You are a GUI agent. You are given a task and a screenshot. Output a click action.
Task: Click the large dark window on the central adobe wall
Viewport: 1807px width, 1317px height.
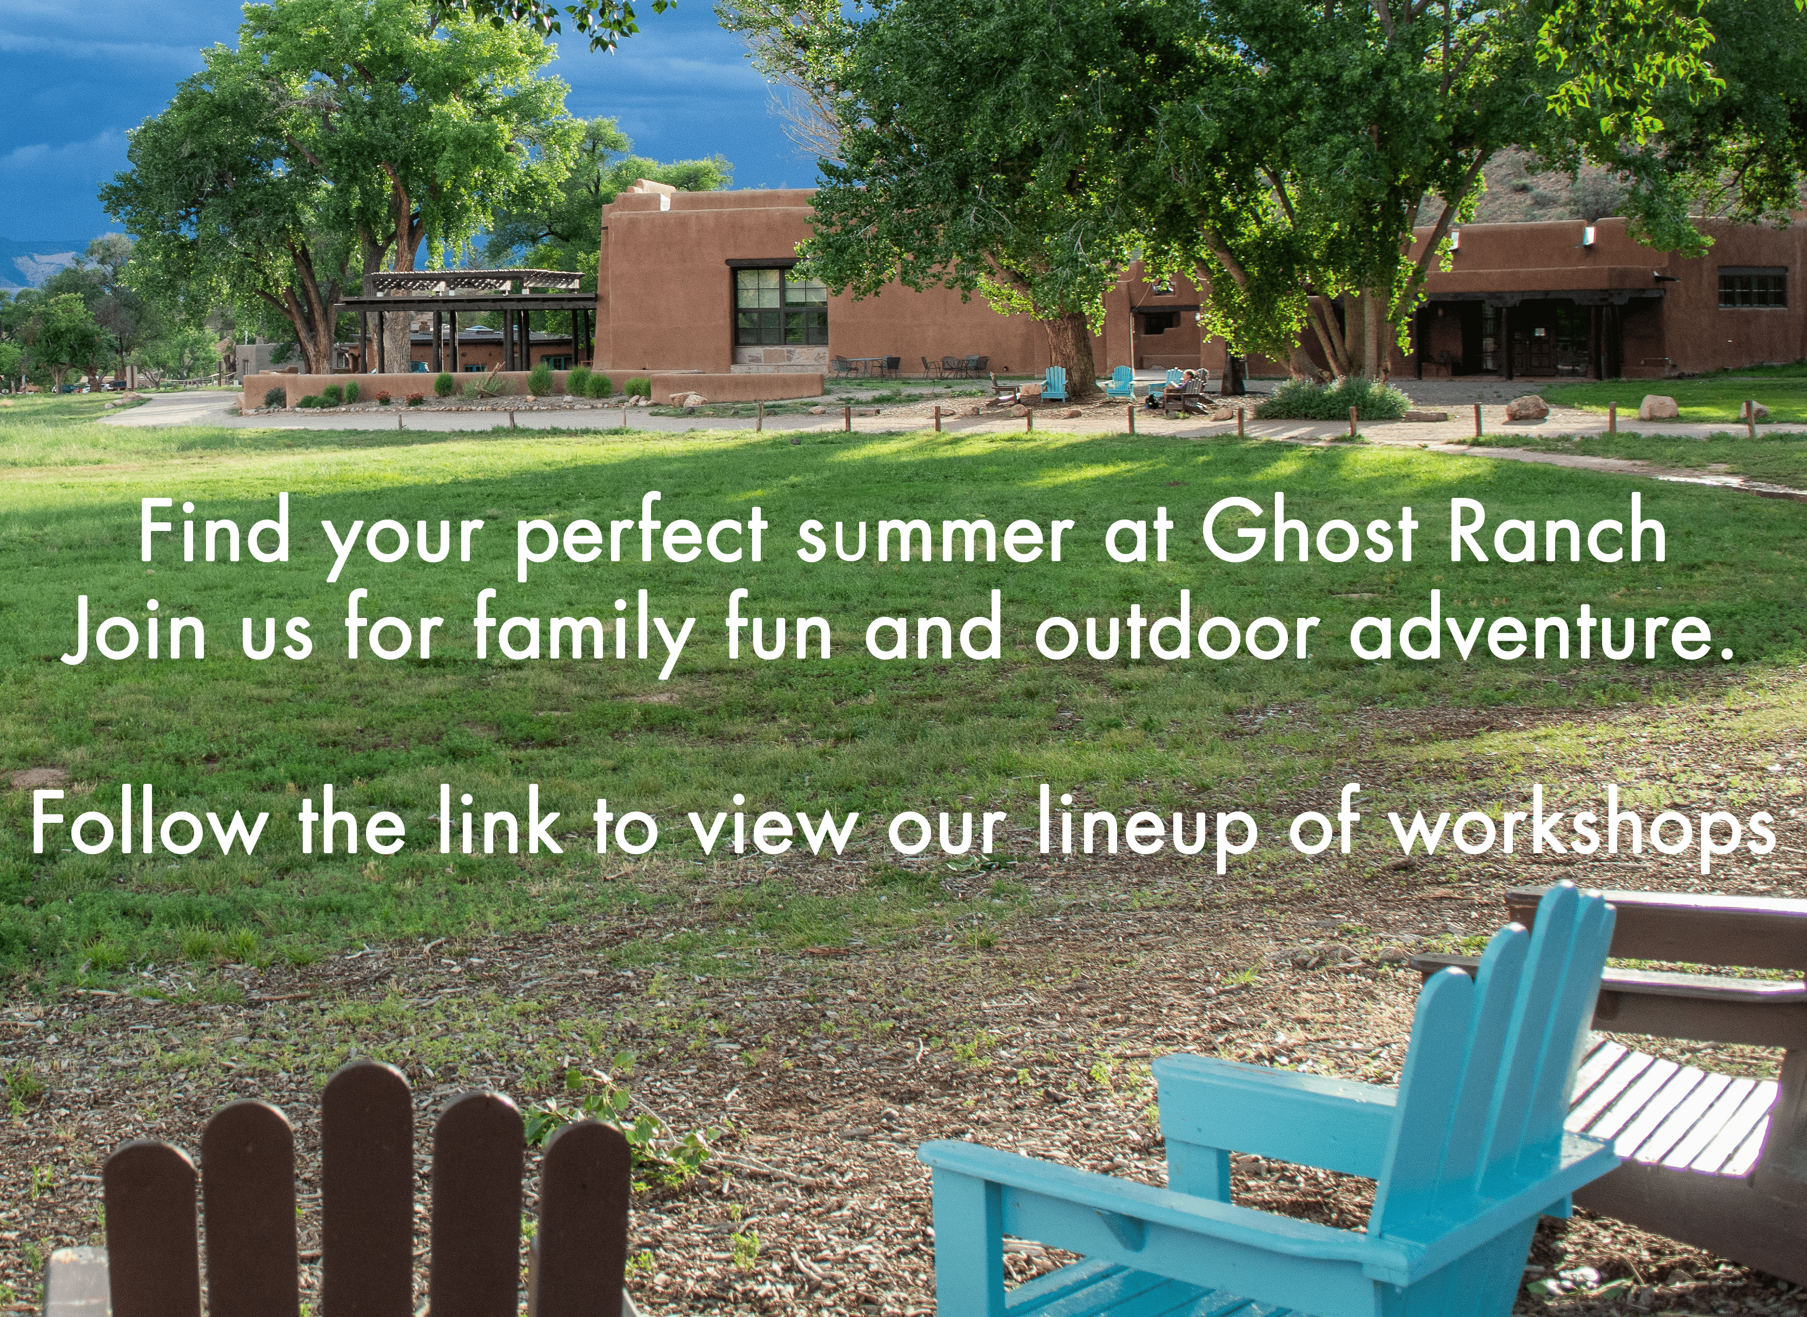pos(780,306)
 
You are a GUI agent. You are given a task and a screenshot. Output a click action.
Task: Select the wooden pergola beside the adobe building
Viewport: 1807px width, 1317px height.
pos(470,319)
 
